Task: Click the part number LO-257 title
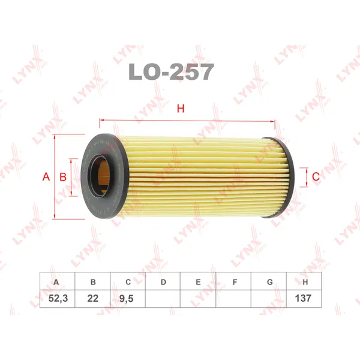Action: click(x=171, y=72)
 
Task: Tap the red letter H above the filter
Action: click(x=181, y=109)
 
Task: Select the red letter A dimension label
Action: click(x=46, y=176)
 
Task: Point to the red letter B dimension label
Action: click(x=63, y=177)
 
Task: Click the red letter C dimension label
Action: click(x=316, y=176)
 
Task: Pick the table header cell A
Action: click(x=57, y=281)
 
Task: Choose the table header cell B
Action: click(x=93, y=281)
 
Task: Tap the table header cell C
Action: click(x=128, y=281)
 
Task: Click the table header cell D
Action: click(x=163, y=281)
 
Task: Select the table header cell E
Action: click(x=198, y=281)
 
